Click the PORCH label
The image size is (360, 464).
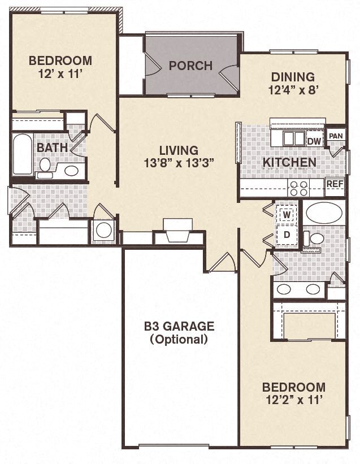(x=190, y=66)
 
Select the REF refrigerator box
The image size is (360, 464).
(x=335, y=184)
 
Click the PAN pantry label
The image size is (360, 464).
(x=336, y=136)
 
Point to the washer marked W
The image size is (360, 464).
(x=287, y=215)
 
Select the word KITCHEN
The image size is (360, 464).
(x=289, y=163)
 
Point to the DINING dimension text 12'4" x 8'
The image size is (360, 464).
(x=292, y=89)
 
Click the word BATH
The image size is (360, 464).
(x=53, y=148)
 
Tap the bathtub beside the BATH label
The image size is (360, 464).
(x=23, y=154)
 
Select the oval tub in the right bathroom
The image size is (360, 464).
(x=324, y=214)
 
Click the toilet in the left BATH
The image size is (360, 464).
(x=45, y=166)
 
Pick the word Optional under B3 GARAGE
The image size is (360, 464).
(x=179, y=340)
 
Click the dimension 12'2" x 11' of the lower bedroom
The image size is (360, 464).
(x=293, y=400)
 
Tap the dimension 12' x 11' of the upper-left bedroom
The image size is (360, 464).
(x=60, y=73)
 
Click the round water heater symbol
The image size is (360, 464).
(x=103, y=230)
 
